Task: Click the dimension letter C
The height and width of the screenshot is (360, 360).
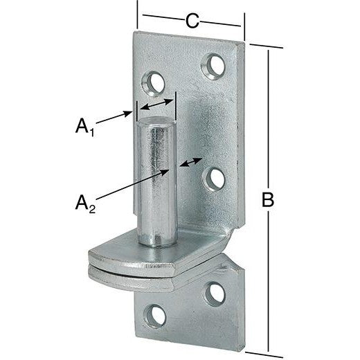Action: (x=192, y=21)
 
